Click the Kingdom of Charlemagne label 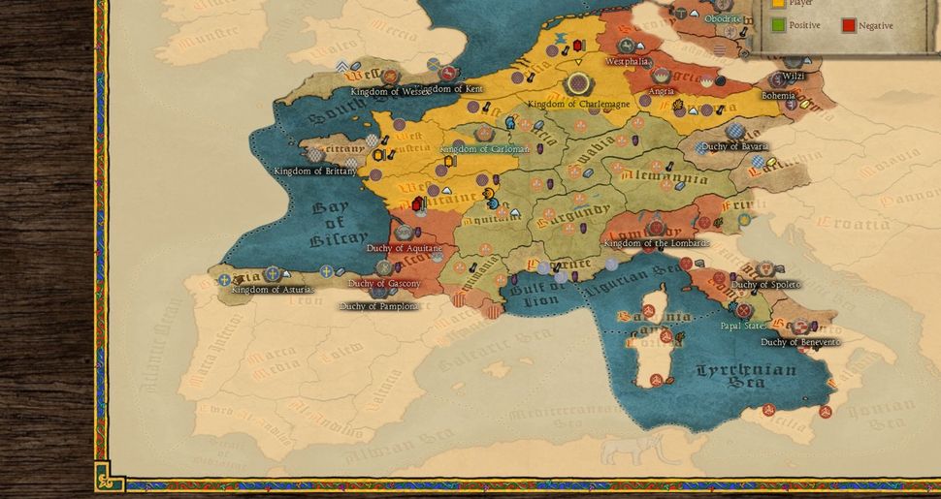pyautogui.click(x=578, y=104)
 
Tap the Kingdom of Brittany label pyautogui.click(x=314, y=172)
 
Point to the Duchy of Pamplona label pyautogui.click(x=378, y=306)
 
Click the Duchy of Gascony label pyautogui.click(x=384, y=284)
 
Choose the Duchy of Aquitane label pyautogui.click(x=405, y=249)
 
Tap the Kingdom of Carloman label pyautogui.click(x=484, y=149)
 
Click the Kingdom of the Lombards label pyautogui.click(x=656, y=242)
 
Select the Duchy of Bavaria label pyautogui.click(x=735, y=146)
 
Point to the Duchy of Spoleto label pyautogui.click(x=764, y=285)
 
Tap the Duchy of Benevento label pyautogui.click(x=800, y=342)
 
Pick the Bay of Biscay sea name pyautogui.click(x=339, y=224)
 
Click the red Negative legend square pyautogui.click(x=849, y=25)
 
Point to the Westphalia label pyautogui.click(x=627, y=61)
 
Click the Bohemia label pyautogui.click(x=778, y=96)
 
